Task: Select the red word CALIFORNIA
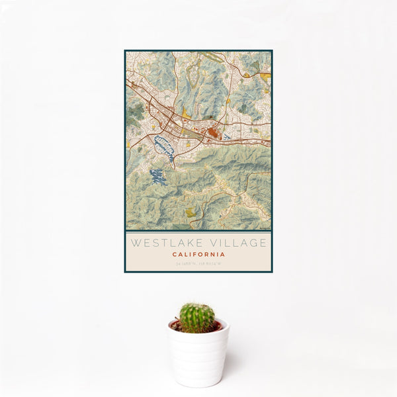click(198, 254)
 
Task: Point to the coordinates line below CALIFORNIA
click(198, 263)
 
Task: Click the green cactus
click(197, 317)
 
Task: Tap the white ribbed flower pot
click(198, 357)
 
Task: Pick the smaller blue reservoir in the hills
click(157, 176)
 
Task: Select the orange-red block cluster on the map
click(214, 133)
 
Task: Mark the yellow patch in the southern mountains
click(191, 212)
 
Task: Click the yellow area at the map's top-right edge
click(266, 77)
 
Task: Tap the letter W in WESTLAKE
click(134, 243)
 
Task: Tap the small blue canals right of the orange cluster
click(227, 137)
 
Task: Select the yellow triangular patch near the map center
click(186, 114)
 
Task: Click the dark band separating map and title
click(198, 231)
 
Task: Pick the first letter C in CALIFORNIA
click(175, 254)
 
